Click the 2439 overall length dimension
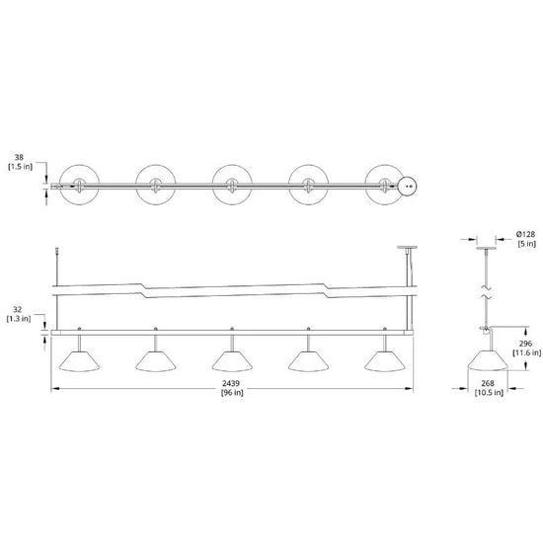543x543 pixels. [231, 383]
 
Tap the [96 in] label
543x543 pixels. [232, 392]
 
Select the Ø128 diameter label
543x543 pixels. [526, 234]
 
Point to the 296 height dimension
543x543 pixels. [525, 344]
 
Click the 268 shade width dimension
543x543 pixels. [488, 383]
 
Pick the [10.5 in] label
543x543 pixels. [489, 392]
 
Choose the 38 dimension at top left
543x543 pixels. [19, 158]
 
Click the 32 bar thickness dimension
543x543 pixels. [17, 310]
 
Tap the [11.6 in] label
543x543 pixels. [526, 352]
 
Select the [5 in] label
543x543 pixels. [527, 244]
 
